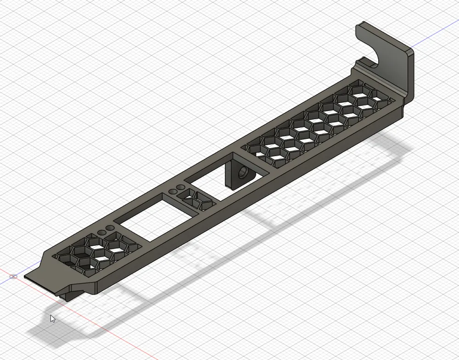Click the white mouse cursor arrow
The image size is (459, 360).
point(53,318)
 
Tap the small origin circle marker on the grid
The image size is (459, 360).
point(14,277)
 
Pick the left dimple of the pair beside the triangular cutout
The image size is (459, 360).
point(174,191)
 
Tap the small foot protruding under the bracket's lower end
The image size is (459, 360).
point(69,294)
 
